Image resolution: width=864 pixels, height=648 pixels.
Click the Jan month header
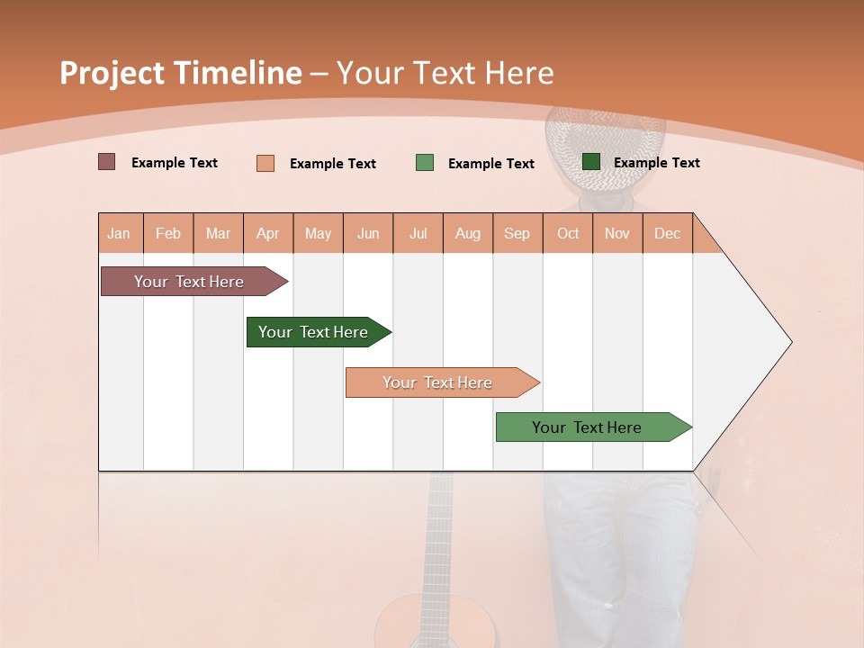(119, 233)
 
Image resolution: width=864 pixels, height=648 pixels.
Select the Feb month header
(168, 233)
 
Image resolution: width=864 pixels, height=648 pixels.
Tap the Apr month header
(267, 233)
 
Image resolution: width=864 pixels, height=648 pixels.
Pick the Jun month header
(368, 233)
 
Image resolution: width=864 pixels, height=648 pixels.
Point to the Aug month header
(467, 233)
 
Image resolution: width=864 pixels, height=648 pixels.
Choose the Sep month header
(517, 233)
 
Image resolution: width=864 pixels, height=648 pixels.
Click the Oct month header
(568, 233)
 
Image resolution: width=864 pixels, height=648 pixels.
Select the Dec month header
(667, 233)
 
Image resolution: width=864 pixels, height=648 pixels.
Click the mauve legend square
(106, 162)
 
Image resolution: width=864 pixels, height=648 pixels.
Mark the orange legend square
(265, 163)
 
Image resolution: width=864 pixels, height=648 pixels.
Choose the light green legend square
(425, 163)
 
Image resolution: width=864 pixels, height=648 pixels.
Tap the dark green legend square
(591, 162)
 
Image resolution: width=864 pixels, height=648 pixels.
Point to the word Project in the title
(112, 73)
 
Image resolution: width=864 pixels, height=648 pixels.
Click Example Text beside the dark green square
(656, 162)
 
